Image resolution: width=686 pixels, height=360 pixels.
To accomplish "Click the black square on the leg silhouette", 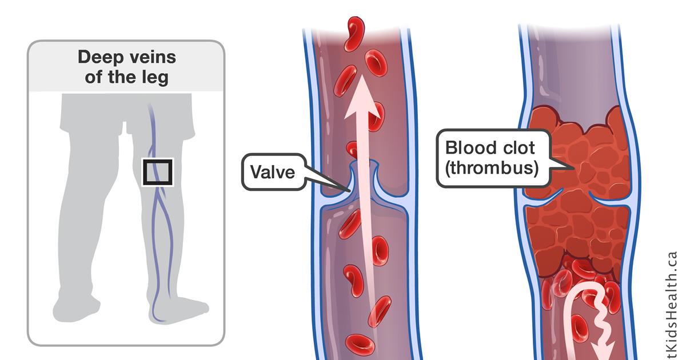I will point(157,172).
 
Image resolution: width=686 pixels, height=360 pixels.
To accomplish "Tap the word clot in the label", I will point(514,149).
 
